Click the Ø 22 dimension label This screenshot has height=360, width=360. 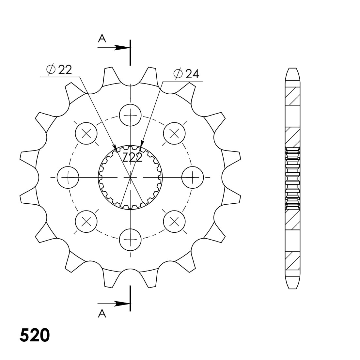point(59,70)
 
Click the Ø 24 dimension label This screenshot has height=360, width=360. point(186,74)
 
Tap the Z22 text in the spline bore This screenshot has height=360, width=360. point(132,157)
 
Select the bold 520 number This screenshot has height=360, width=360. point(35,335)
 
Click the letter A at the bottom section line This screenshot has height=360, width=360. point(102,313)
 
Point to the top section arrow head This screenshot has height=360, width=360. point(122,48)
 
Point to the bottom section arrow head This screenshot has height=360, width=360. point(122,304)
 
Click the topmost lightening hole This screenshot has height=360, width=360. point(130,115)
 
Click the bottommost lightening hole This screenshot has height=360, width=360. point(130,240)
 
